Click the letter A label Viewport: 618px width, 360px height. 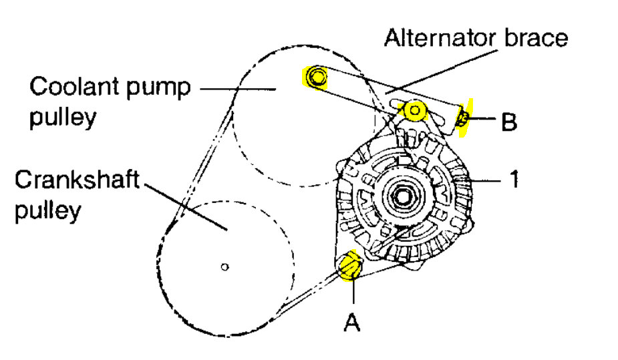352,323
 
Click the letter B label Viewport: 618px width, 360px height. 509,122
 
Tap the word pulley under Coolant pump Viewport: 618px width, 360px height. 63,118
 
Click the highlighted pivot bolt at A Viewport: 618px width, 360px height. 349,267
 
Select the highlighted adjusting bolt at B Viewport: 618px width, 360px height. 462,119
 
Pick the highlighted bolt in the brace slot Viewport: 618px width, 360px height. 415,110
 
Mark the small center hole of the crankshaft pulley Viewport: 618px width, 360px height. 225,267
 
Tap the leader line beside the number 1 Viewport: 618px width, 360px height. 488,180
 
